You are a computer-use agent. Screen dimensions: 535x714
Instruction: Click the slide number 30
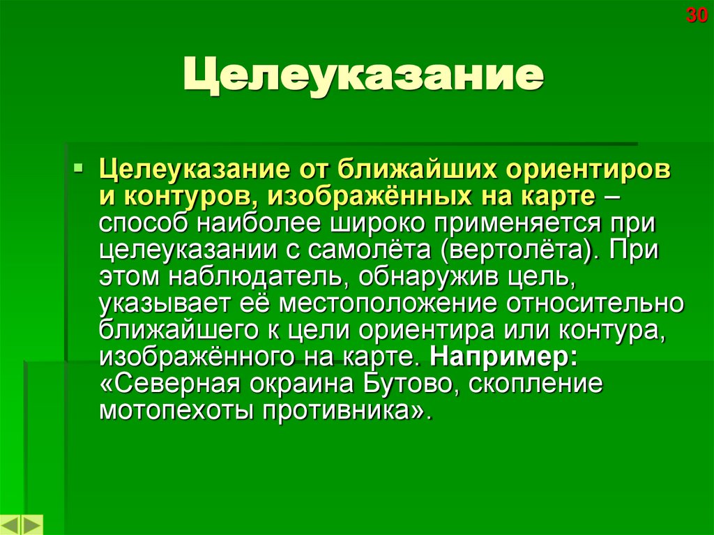click(x=697, y=15)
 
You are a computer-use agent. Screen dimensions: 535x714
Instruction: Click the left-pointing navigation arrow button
click(x=11, y=525)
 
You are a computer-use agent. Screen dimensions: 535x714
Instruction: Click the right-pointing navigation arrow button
click(x=32, y=525)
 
